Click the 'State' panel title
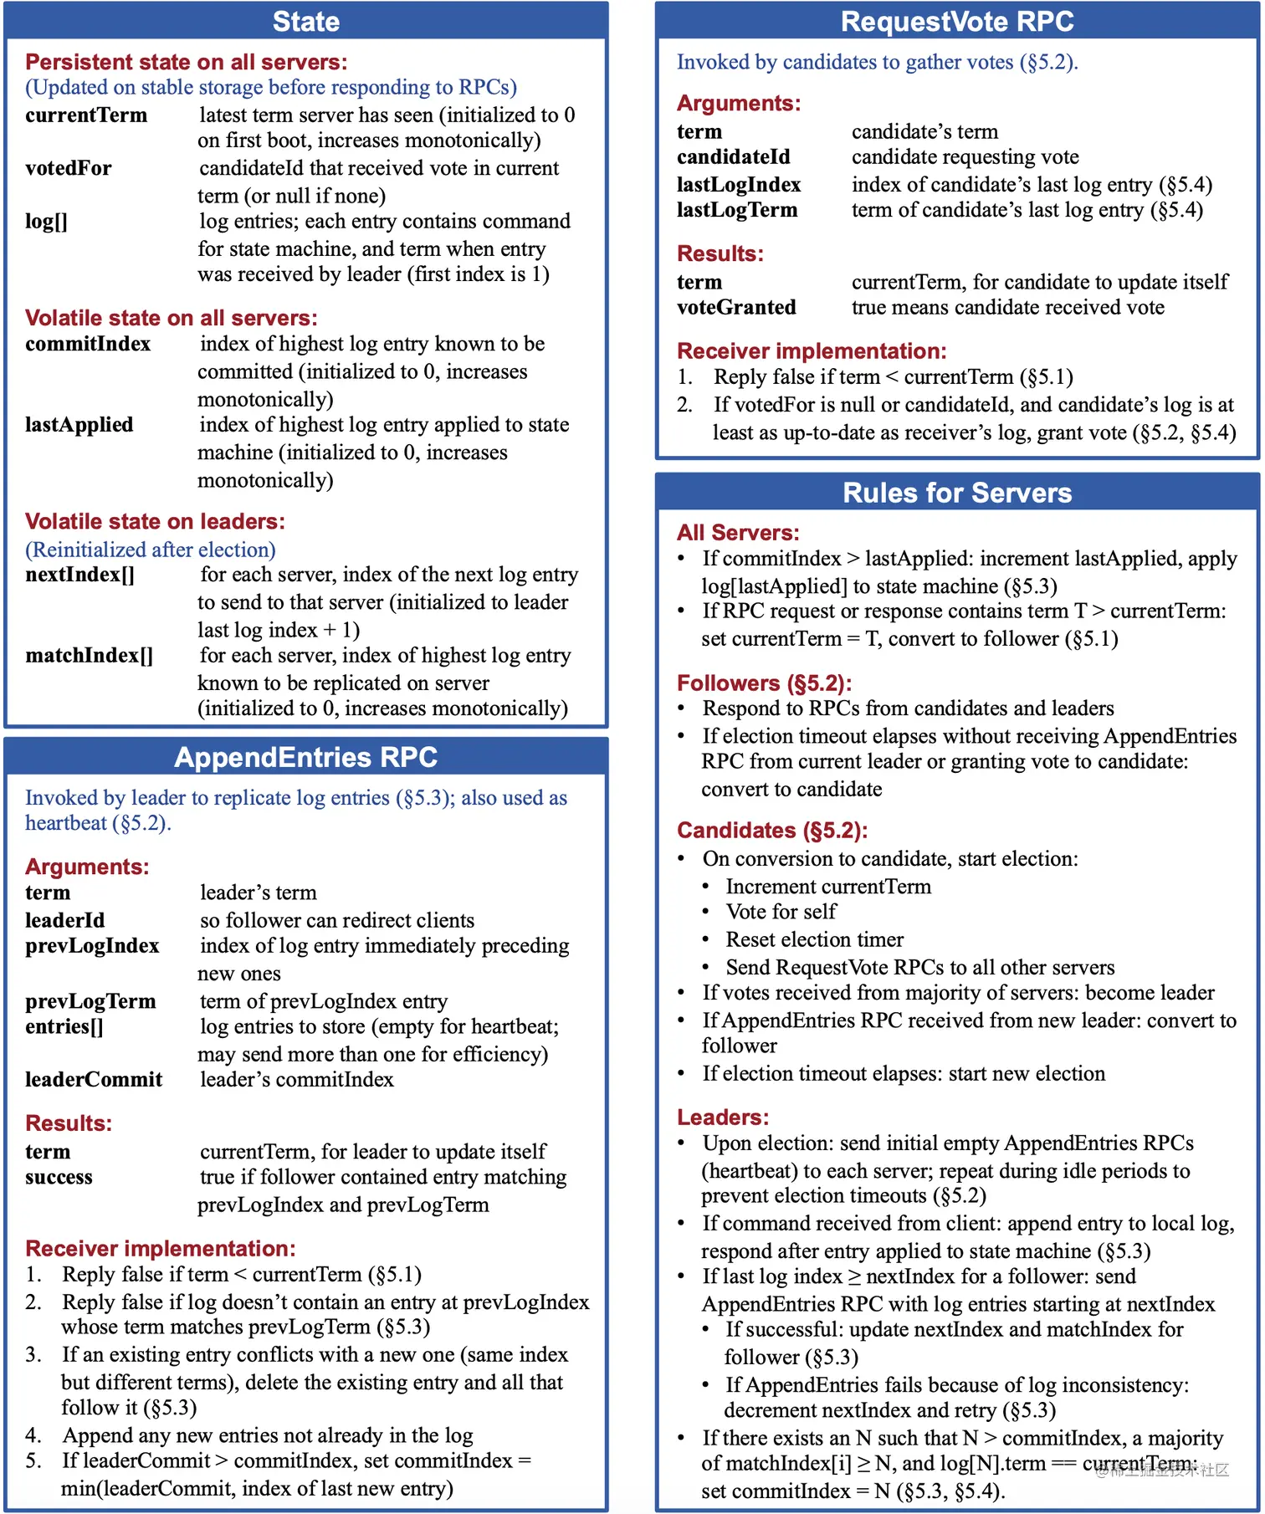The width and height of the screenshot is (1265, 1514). point(305,21)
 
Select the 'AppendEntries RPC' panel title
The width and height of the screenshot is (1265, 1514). point(305,757)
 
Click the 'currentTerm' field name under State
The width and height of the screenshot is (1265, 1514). point(86,115)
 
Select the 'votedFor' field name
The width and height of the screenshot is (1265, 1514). point(68,168)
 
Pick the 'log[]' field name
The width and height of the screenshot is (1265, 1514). point(46,221)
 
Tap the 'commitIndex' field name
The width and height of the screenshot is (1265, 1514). point(88,344)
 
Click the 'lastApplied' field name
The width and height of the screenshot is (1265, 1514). point(79,425)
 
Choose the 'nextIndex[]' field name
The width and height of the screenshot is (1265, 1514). point(79,575)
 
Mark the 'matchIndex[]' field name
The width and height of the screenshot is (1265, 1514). point(89,655)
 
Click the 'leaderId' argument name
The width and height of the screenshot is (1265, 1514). point(64,920)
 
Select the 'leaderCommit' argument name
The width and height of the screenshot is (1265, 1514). point(94,1079)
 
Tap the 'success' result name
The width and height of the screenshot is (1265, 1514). point(59,1177)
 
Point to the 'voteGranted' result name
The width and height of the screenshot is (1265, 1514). point(736,307)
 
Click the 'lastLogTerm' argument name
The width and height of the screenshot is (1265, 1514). point(737,210)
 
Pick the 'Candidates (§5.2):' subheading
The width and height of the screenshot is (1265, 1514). point(771,830)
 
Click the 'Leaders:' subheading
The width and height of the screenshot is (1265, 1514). point(722,1117)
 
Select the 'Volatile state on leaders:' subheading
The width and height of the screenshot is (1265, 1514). point(155,521)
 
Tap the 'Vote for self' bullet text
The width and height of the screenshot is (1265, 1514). point(781,912)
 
